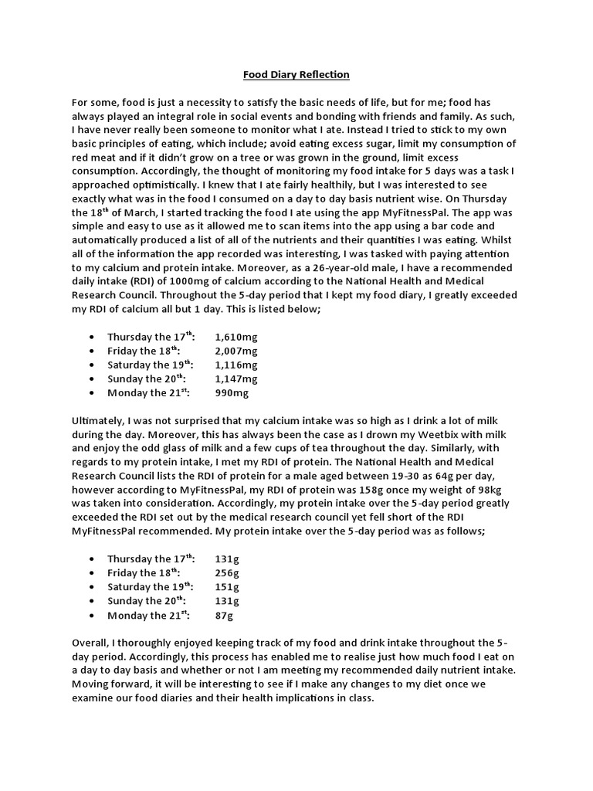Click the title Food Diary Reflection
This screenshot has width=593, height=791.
(x=296, y=74)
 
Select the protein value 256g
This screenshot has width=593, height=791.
(x=228, y=573)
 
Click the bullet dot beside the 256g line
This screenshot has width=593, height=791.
(x=93, y=574)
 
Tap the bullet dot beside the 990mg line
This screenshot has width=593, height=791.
(x=93, y=394)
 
